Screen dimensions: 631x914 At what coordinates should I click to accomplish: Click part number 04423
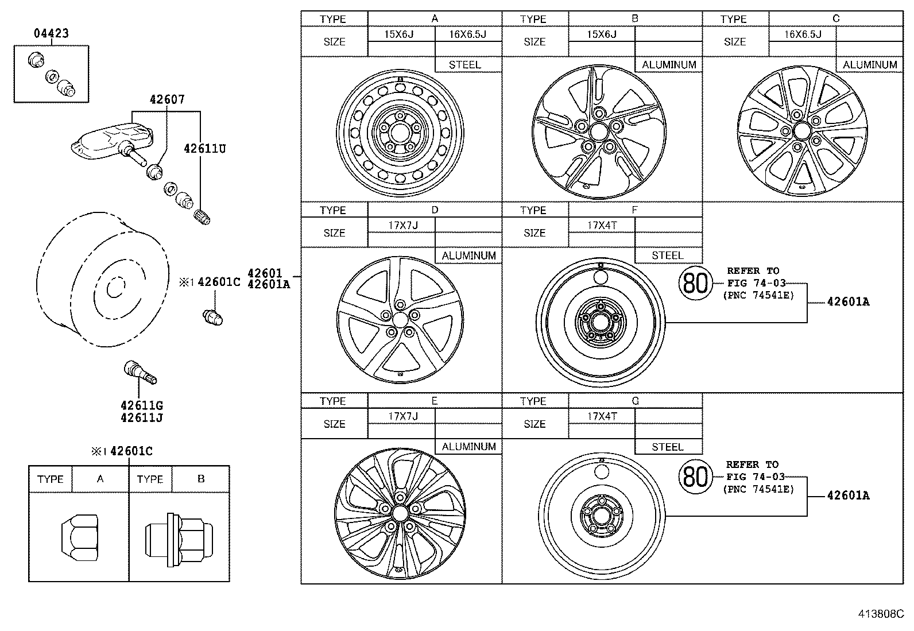51,33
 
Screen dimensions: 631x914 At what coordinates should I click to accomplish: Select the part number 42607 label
167,99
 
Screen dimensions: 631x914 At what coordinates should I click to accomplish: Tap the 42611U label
205,149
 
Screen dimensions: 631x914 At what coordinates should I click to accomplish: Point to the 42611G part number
142,406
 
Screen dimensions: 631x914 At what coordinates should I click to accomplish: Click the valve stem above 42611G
140,371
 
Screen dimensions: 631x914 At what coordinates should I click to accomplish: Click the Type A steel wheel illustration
400,132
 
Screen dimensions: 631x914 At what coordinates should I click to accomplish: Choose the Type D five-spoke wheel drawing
400,319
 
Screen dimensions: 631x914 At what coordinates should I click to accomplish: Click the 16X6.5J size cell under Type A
467,34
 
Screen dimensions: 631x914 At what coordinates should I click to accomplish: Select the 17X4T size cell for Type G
602,416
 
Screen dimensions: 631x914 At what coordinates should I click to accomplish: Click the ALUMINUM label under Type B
669,65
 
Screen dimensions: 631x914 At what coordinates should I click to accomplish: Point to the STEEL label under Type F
668,256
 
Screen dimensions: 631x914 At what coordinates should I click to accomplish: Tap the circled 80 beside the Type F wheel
694,283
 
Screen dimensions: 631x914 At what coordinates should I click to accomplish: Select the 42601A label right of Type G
847,495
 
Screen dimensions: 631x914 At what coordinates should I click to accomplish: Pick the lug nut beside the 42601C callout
212,316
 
